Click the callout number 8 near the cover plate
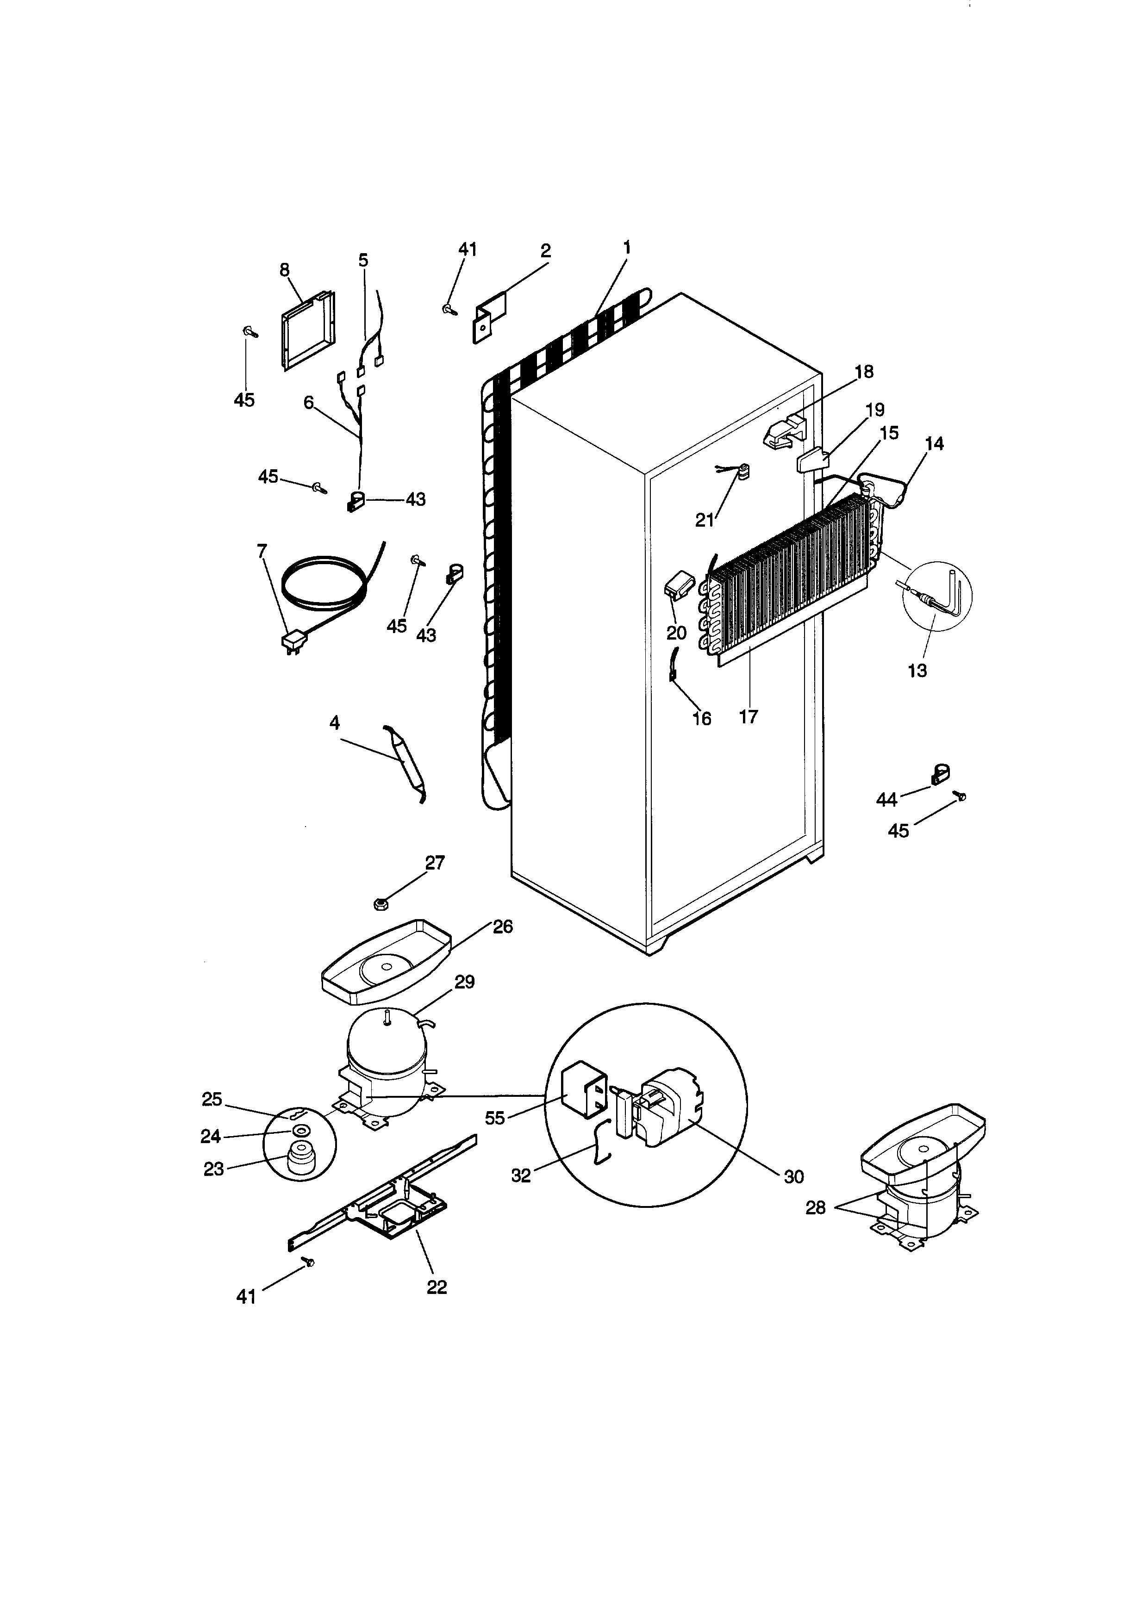coord(284,269)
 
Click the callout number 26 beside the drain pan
coord(503,926)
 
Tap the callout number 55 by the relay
coord(495,1118)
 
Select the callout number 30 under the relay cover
coord(794,1176)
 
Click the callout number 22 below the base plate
coord(437,1287)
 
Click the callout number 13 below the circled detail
coord(917,670)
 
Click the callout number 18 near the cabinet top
coord(864,372)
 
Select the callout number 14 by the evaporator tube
coord(934,443)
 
